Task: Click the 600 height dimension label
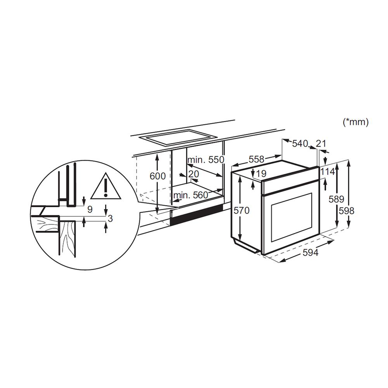158,176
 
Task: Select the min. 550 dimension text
206,160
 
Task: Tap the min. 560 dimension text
191,195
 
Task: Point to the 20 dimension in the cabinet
194,173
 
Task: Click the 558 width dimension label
256,159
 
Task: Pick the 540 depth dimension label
300,144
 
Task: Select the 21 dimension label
321,144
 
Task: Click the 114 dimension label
327,172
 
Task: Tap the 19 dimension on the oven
261,173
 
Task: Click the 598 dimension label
346,210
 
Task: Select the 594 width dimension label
310,253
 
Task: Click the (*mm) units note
355,122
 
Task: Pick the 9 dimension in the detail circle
90,210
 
